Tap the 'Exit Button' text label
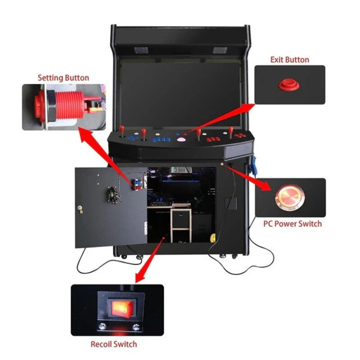pyautogui.click(x=289, y=60)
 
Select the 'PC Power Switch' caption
pyautogui.click(x=292, y=224)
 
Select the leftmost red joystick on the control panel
pyautogui.click(x=122, y=130)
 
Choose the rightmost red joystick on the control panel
pyautogui.click(x=231, y=131)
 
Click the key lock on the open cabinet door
pyautogui.click(x=80, y=208)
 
